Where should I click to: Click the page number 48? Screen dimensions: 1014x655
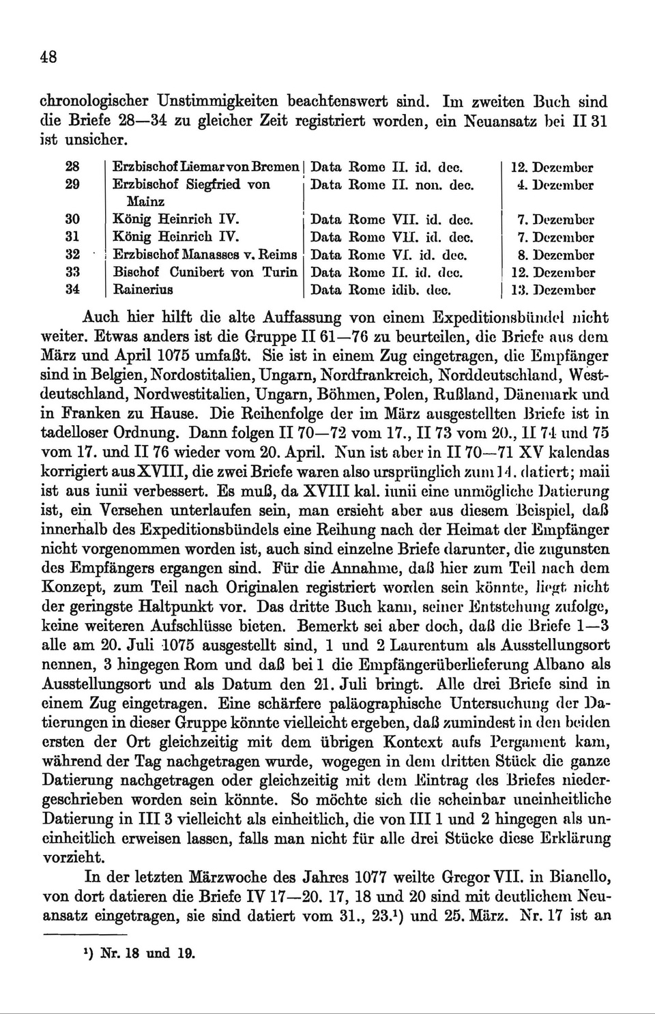pyautogui.click(x=48, y=57)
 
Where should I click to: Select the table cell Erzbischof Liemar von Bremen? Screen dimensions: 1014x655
pyautogui.click(x=206, y=166)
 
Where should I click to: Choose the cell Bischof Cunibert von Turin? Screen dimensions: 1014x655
pyautogui.click(x=205, y=272)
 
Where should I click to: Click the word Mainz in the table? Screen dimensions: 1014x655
pyautogui.click(x=145, y=202)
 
